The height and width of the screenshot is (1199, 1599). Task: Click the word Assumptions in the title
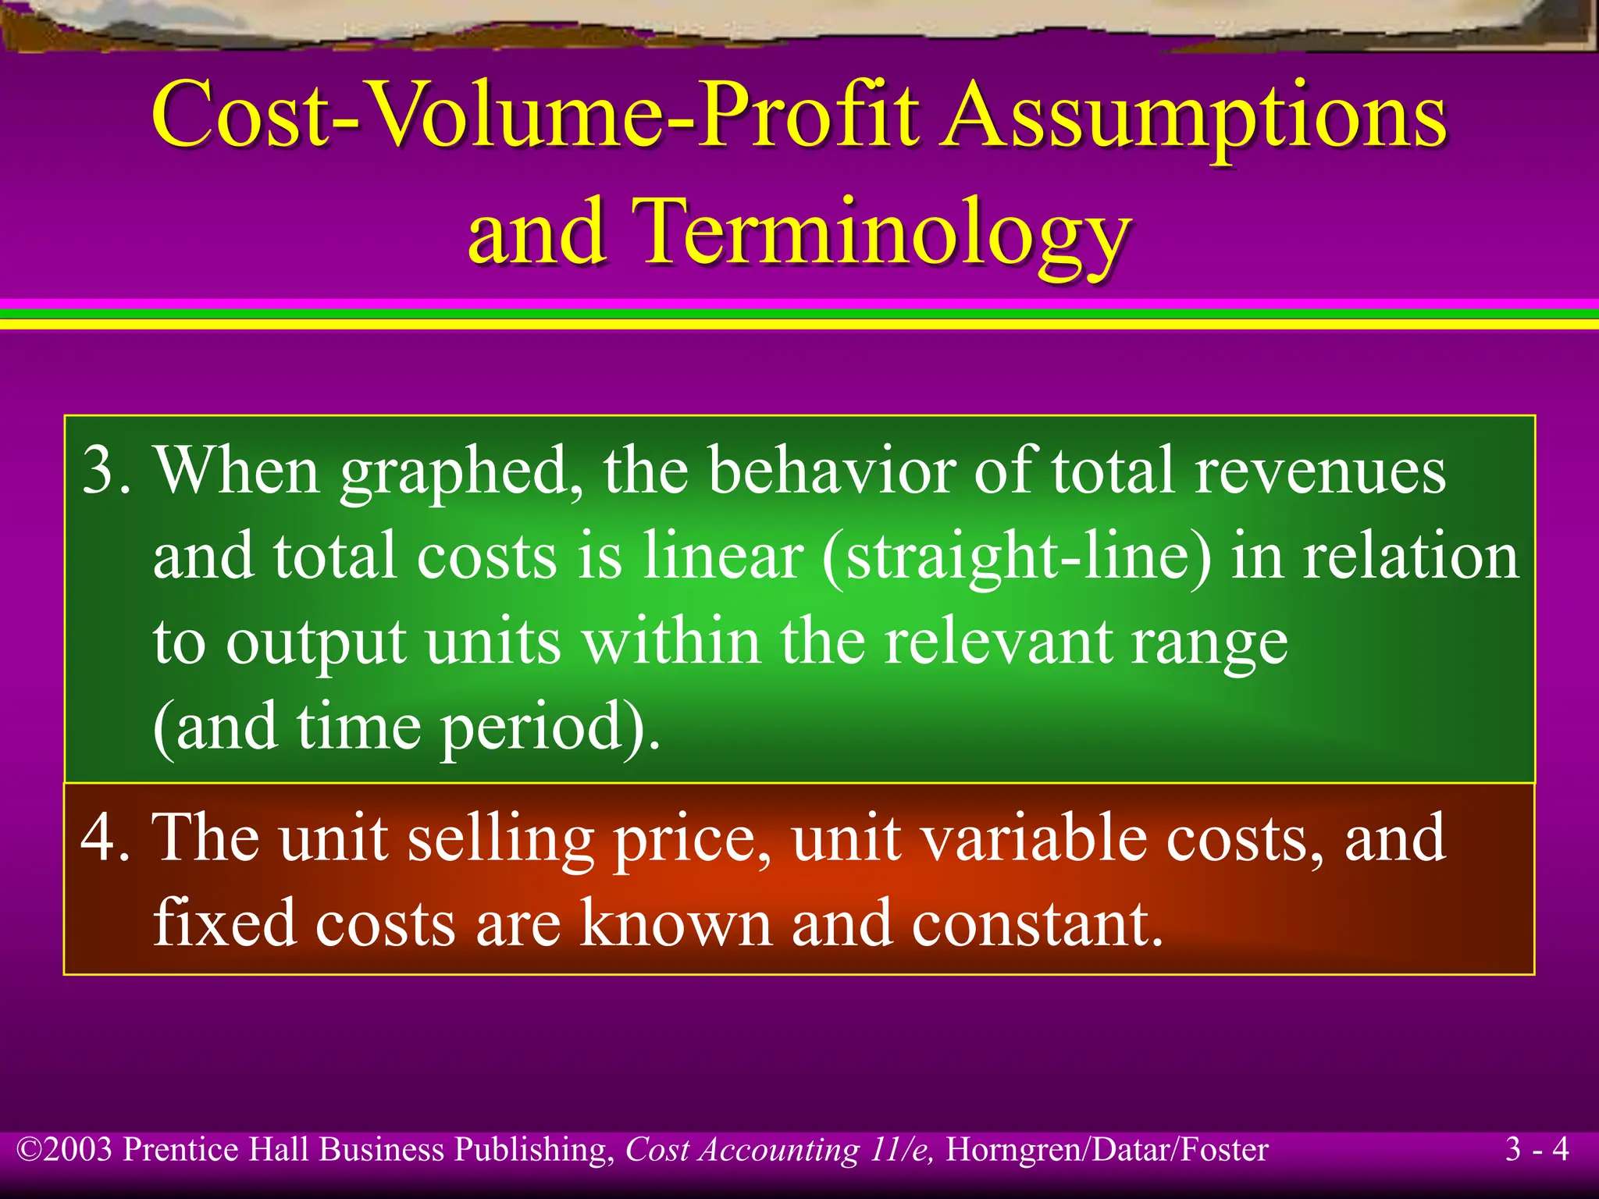(x=1193, y=117)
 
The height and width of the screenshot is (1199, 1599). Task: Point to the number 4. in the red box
(x=105, y=837)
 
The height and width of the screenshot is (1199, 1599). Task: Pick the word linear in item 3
(x=722, y=556)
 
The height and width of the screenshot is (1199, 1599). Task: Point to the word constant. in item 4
(x=1038, y=923)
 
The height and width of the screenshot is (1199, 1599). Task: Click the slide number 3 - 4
(x=1537, y=1149)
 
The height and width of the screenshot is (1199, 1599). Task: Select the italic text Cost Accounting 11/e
(x=778, y=1150)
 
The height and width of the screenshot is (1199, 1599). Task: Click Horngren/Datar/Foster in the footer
(x=1106, y=1150)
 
